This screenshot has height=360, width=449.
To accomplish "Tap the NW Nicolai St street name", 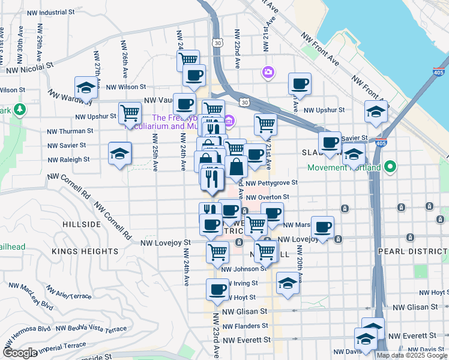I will pos(30,70).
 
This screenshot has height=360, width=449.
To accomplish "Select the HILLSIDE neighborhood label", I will pos(82,224).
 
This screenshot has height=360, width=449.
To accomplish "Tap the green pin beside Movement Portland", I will pos(391,166).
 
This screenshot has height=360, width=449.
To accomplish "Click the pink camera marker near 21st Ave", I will pos(268,73).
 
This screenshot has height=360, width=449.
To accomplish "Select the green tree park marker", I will pos(20,109).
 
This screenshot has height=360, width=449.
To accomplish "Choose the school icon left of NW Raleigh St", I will pos(119,152).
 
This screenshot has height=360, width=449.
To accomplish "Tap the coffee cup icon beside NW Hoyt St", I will pos(217,289).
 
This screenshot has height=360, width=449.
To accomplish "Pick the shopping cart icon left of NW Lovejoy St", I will pos(217,251).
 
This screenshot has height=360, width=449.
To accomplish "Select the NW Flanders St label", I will pos(245,326).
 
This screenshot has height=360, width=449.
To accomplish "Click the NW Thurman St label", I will pos(68,131).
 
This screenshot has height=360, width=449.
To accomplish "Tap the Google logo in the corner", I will pos(20,353).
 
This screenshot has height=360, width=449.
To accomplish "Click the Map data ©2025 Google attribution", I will pos(412,355).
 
